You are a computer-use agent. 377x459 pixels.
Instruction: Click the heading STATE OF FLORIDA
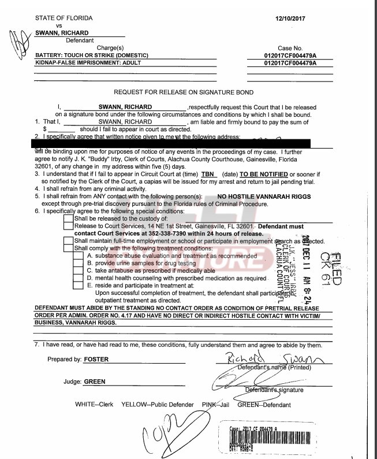63,18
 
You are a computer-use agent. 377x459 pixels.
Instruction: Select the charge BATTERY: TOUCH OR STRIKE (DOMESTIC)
91,54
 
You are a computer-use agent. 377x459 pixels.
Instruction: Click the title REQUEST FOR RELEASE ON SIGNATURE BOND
184,92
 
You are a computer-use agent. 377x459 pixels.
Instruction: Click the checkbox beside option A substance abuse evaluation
79,255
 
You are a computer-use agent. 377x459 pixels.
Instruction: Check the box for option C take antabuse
79,270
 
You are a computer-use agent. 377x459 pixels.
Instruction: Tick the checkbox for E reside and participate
79,285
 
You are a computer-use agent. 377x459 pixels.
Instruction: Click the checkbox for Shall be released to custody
69,218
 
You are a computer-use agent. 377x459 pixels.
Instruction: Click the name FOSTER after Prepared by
96,359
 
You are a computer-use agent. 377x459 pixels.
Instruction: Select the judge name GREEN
94,382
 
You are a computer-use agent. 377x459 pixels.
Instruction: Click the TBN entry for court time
208,173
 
